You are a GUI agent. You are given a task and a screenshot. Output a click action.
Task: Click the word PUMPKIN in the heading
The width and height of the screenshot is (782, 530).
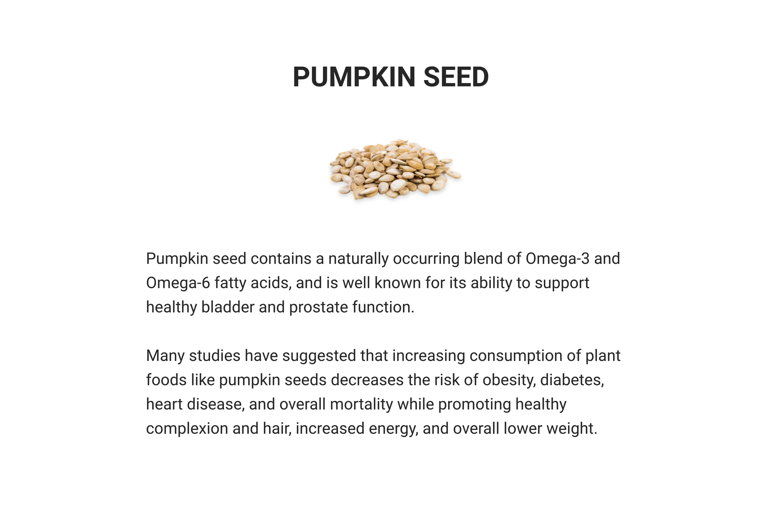coord(354,77)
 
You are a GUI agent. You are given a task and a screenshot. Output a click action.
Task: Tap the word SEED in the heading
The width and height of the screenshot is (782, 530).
coord(456,77)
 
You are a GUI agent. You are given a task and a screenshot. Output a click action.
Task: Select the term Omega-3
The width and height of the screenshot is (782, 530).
coord(558,259)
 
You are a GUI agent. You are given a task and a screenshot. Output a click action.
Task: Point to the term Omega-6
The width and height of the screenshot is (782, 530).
coord(178,283)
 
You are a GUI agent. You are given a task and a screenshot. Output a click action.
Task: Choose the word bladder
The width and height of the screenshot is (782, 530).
coord(228,307)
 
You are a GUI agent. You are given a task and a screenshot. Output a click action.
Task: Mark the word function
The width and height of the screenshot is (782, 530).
coord(383,307)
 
